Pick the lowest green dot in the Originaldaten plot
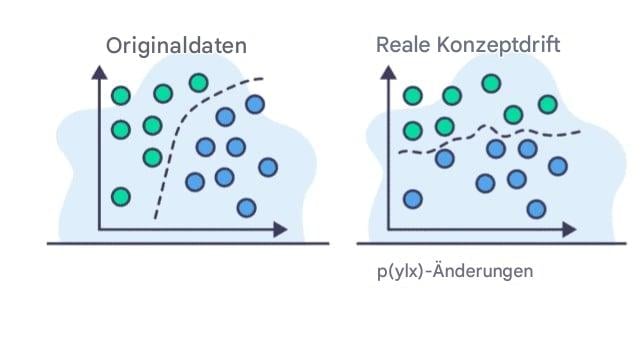pos(121,196)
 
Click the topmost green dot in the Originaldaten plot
pos(198,83)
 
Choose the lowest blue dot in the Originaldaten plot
pos(246,208)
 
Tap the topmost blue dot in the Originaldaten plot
pos(254,103)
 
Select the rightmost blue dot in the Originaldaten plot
pos(267,166)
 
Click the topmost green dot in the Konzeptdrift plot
pos(490,83)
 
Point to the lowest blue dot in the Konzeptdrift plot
pos(537,208)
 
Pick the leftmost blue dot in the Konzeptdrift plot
pos(412,198)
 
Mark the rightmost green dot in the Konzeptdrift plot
pos(547,103)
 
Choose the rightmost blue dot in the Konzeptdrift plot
pos(558,166)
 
